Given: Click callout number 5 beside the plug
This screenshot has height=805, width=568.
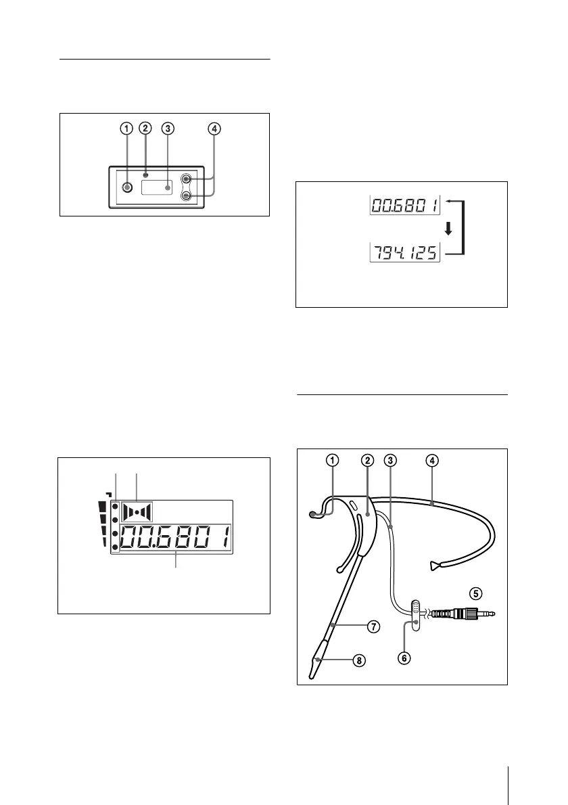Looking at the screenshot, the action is point(476,593).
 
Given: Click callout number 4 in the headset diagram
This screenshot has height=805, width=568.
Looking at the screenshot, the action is point(431,460).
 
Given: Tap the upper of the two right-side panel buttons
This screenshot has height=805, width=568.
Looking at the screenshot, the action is point(187,180).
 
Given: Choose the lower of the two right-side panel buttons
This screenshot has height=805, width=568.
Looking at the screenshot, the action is point(187,196).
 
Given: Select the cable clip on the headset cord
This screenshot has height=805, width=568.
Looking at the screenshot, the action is point(415,614).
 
